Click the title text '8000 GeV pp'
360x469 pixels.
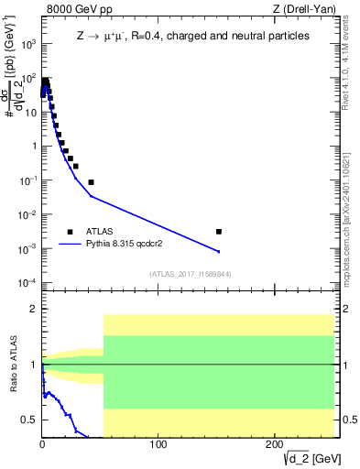point(75,10)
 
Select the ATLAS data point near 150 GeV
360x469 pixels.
point(218,232)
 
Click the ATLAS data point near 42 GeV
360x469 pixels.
point(91,182)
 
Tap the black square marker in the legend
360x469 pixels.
point(70,232)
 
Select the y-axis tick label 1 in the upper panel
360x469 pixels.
point(34,146)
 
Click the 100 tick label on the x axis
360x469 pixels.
point(158,444)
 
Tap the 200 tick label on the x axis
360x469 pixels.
point(275,444)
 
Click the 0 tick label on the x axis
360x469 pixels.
point(42,444)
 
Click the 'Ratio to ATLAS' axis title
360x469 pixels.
point(12,365)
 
